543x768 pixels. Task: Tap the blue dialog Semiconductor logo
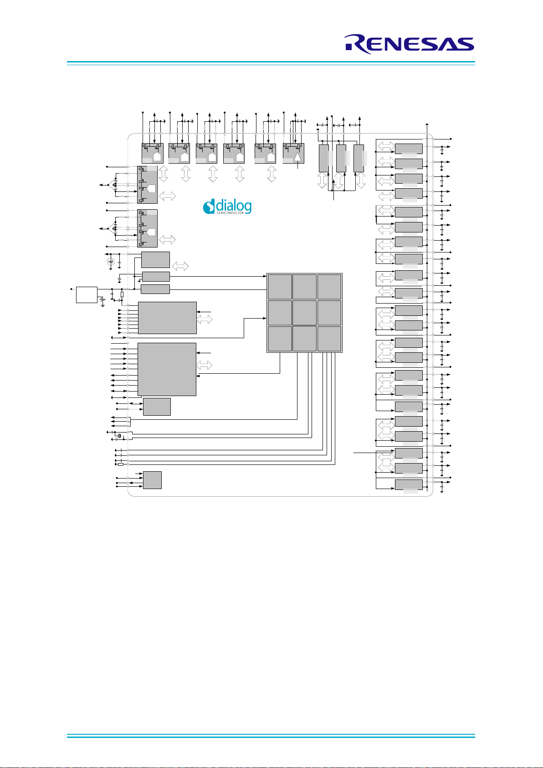tap(227, 206)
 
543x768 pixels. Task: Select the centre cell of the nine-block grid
tap(304, 313)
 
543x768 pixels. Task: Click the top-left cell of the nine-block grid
tap(280, 287)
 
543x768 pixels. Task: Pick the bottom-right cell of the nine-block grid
tap(329, 339)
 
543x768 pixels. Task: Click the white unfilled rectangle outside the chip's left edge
tap(87, 295)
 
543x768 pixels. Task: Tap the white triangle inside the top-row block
tap(297, 157)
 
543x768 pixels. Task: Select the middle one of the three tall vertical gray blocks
tap(341, 159)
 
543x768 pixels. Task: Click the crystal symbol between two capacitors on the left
tap(119, 436)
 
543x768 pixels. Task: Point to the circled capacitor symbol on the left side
tap(111, 262)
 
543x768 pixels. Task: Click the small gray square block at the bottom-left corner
tap(152, 480)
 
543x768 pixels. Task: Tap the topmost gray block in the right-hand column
tap(409, 149)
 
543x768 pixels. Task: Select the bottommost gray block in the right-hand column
tap(409, 485)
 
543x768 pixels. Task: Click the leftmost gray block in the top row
tap(153, 153)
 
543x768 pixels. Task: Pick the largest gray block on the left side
tap(167, 369)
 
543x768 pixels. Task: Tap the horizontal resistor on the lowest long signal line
tap(120, 464)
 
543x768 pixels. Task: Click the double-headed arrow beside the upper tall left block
tap(168, 196)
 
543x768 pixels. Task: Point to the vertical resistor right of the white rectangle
tap(122, 294)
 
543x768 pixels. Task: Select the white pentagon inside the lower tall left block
tap(151, 232)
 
